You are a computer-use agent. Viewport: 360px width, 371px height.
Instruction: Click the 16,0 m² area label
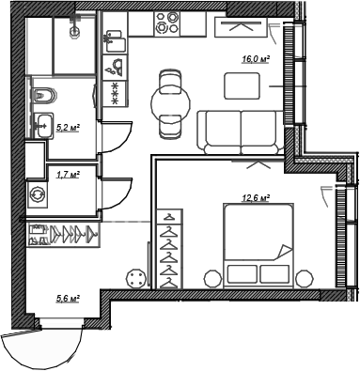coord(257,58)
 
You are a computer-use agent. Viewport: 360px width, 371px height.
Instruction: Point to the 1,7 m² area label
coord(67,174)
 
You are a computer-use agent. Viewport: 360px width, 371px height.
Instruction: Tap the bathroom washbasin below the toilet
coord(41,124)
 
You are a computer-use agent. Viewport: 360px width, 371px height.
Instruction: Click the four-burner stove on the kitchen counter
coord(169,24)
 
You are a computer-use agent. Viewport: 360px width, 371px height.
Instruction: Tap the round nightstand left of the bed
coord(211,277)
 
